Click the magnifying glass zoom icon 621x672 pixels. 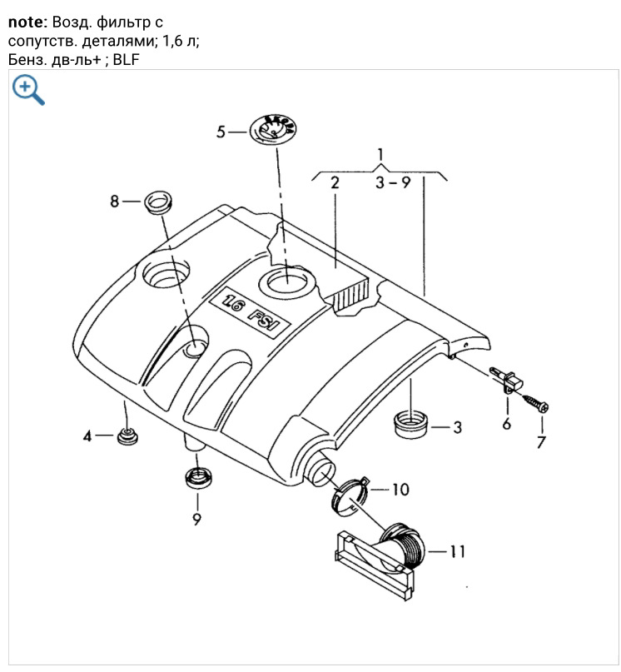coord(27,89)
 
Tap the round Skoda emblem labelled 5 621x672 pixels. coord(273,131)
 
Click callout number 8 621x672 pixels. coord(116,201)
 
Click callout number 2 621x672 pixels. coord(335,183)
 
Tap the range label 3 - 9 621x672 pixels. coord(392,183)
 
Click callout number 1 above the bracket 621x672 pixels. coord(380,154)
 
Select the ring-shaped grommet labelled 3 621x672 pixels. coord(410,423)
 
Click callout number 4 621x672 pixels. coord(87,435)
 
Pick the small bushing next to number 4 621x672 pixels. coord(127,436)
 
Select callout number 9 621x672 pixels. coord(197,519)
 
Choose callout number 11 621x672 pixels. coord(456,551)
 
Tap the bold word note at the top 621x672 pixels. coord(25,22)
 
